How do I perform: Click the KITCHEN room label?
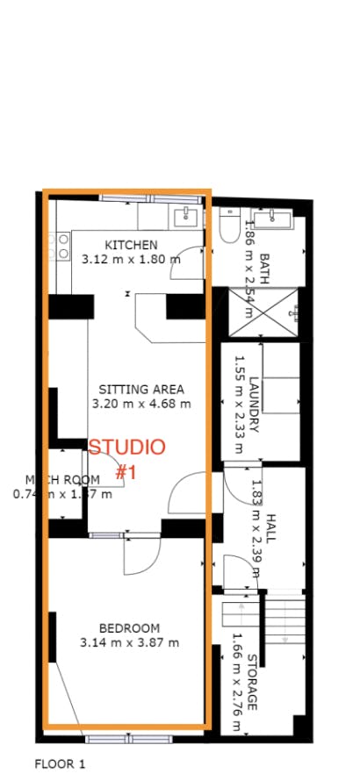[132, 245]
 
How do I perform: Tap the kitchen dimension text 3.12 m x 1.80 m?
[131, 260]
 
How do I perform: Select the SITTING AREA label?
[141, 389]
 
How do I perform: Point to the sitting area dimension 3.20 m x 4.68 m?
[141, 404]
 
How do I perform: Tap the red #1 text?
[126, 473]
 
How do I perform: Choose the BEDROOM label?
[129, 627]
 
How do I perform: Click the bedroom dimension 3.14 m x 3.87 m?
[129, 642]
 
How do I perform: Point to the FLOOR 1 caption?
[59, 763]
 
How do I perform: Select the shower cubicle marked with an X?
[263, 312]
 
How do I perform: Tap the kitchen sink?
[185, 217]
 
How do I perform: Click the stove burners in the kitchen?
[63, 246]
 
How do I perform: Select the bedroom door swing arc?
[142, 553]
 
